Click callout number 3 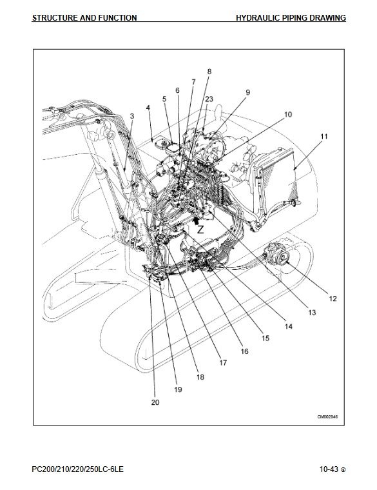coord(132,116)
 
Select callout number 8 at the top coord(209,72)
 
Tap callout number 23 coord(209,99)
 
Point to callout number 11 coord(324,137)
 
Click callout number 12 coord(333,299)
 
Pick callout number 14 coord(288,326)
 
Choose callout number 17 coord(223,362)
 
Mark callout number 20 coord(155,402)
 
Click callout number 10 coord(288,115)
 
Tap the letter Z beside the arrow coord(200,230)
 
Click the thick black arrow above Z coord(195,220)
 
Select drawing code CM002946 coord(327,416)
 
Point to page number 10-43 coord(329,469)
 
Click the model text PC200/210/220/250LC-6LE coord(78,469)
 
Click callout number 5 coord(164,99)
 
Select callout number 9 coord(247,92)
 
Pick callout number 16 coord(244,351)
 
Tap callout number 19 coord(178,389)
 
